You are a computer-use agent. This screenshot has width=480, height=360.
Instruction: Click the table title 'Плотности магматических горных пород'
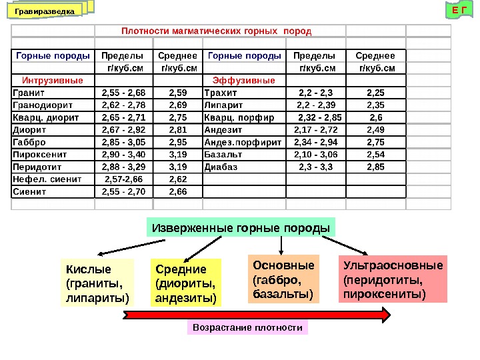[x=216, y=31]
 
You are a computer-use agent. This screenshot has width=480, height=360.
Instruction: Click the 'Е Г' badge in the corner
[x=456, y=10]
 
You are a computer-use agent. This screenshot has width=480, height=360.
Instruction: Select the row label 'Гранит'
[x=27, y=93]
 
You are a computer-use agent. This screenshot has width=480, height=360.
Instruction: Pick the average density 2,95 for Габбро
[x=177, y=142]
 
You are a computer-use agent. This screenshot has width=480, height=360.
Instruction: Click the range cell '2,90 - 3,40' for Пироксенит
[x=123, y=154]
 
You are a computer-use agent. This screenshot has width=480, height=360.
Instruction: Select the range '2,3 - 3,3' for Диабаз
[x=315, y=167]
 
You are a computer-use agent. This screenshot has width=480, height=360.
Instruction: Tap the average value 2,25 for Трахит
[x=376, y=93]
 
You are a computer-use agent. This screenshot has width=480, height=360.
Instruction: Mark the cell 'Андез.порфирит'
[x=244, y=142]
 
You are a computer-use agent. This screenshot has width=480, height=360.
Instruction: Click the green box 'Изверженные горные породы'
[x=241, y=228]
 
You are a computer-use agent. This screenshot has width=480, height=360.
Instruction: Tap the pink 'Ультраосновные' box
[x=393, y=279]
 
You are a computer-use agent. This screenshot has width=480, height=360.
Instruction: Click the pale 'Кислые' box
[x=97, y=283]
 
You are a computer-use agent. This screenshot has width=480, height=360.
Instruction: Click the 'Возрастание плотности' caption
[x=247, y=328]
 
